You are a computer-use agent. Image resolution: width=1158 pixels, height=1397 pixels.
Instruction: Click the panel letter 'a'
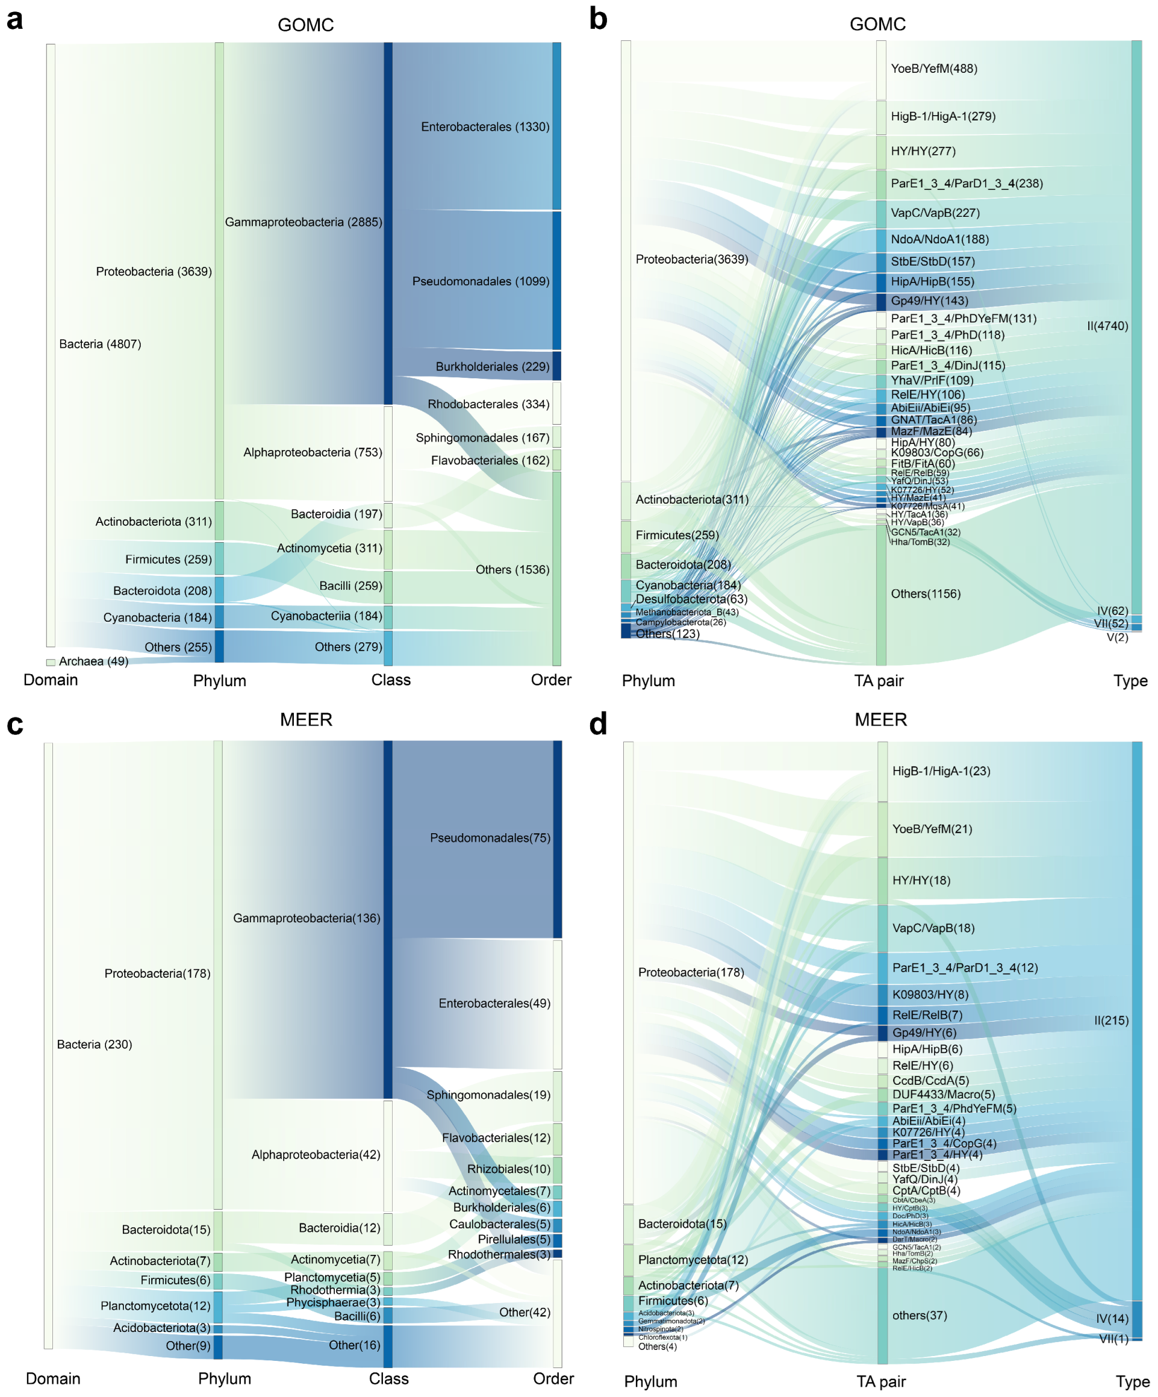(x=14, y=20)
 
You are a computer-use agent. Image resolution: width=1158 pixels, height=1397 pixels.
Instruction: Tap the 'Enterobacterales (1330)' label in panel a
(x=485, y=127)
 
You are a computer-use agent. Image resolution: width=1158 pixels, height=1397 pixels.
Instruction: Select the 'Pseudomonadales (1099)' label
(x=480, y=281)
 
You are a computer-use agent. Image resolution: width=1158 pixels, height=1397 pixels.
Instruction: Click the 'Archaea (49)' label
(x=93, y=661)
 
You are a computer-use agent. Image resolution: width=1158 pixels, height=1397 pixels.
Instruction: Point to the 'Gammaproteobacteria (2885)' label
(x=304, y=222)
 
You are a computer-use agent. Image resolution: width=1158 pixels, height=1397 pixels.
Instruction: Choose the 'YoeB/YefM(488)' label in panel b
(x=934, y=69)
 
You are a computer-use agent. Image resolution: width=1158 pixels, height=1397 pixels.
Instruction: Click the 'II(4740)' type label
(x=1107, y=326)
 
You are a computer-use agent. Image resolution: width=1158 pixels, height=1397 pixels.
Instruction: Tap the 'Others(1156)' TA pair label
(x=925, y=594)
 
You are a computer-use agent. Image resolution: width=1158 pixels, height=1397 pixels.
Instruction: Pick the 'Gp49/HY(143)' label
(x=929, y=301)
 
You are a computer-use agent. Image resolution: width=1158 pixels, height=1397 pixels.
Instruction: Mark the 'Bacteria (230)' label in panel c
(x=95, y=1045)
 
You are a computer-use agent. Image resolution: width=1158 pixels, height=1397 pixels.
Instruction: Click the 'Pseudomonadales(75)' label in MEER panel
(x=490, y=838)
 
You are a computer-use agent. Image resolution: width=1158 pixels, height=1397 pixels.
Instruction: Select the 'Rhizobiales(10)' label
(x=508, y=1169)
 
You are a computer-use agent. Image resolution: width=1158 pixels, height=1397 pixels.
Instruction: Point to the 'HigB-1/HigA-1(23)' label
(x=941, y=771)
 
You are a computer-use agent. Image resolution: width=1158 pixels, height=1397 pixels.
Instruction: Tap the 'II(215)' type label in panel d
(x=1112, y=1020)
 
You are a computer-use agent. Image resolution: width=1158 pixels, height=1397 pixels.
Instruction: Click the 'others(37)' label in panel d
(x=918, y=1315)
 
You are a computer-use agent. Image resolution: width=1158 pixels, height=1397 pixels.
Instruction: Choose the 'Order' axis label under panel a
(x=551, y=680)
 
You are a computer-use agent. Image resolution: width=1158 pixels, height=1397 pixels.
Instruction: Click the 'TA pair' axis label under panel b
(x=879, y=681)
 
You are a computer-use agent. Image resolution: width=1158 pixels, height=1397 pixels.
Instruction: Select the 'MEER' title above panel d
(x=880, y=720)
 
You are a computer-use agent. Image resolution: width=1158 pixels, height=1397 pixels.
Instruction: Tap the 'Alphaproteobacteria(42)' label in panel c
(x=316, y=1155)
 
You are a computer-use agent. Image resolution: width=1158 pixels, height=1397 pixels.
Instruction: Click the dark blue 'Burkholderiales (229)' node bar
(x=556, y=366)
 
